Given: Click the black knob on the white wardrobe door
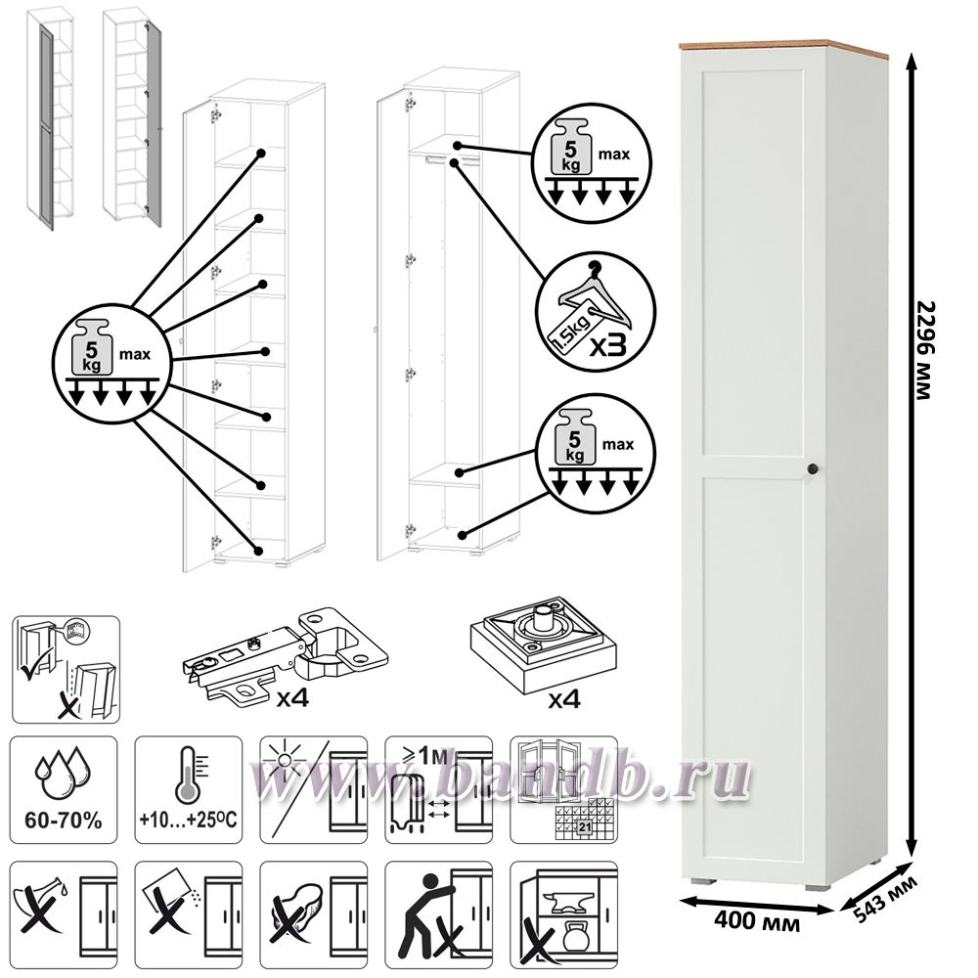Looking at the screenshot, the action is [x=812, y=468].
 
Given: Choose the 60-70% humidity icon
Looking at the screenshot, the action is [x=64, y=789].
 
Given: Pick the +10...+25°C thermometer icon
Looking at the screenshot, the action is [x=189, y=789].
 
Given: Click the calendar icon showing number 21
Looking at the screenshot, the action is [x=564, y=789].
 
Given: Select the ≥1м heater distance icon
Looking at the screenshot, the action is [x=438, y=789].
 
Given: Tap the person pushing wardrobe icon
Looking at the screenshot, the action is [x=438, y=914].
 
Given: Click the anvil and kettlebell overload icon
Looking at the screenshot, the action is [x=564, y=914].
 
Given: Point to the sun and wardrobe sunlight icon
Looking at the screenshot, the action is [x=313, y=789].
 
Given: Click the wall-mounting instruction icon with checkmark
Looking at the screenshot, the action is [x=66, y=669].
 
